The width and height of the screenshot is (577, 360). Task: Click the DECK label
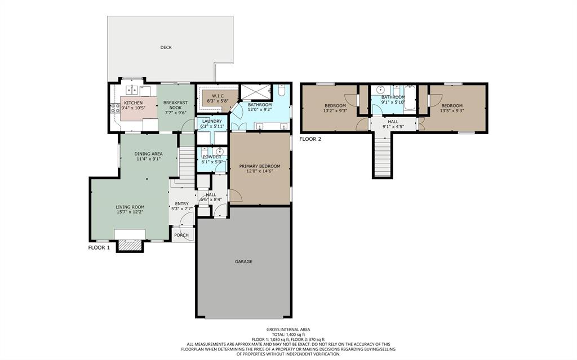[166, 47]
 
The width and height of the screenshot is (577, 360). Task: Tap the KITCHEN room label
[133, 103]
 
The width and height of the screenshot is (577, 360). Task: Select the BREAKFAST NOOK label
[176, 105]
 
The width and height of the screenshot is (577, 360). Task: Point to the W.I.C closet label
[212, 96]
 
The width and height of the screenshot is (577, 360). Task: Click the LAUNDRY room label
[212, 121]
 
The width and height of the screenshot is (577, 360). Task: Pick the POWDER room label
[212, 157]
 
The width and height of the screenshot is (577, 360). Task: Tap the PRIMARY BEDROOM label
[260, 166]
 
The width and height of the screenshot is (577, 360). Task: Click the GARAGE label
[243, 261]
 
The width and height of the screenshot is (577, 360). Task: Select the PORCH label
[181, 235]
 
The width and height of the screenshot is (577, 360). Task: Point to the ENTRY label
[182, 203]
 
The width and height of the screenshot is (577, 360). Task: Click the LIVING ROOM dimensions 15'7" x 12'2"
[130, 212]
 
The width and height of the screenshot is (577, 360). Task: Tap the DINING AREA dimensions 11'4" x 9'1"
[148, 159]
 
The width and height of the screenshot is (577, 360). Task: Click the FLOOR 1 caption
[99, 248]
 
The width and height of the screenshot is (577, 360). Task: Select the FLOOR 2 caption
[310, 139]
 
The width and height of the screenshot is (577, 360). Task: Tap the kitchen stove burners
[115, 108]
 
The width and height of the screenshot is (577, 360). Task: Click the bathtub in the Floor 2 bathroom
[410, 98]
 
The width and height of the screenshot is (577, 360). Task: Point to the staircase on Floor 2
[383, 154]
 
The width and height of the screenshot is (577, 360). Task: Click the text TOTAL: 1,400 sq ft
[288, 335]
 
